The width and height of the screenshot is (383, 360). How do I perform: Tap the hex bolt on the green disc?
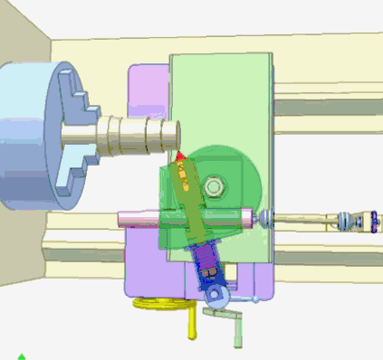tap(214, 187)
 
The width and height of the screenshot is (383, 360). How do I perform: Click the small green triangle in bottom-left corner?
tap(20, 356)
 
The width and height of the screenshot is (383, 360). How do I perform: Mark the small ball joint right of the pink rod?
tap(264, 218)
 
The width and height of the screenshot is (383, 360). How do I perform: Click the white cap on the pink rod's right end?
tap(247, 216)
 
